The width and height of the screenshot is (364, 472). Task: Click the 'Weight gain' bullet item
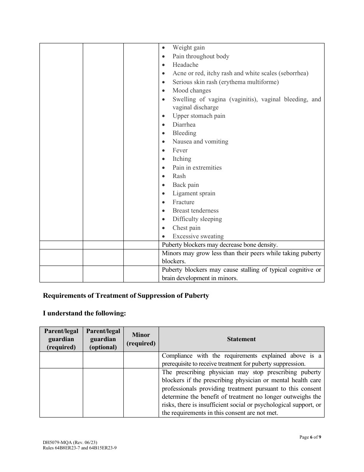click(189, 48)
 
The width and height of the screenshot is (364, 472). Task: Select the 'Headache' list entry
click(185, 65)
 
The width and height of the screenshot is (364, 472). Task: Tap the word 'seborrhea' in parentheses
click(293, 73)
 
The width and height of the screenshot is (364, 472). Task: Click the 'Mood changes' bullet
click(192, 91)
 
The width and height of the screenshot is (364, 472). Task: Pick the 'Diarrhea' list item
click(184, 125)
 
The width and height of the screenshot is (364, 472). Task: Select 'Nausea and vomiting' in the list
click(200, 142)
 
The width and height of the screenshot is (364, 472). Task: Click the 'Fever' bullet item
click(180, 150)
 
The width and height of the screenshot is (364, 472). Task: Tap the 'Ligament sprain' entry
click(194, 193)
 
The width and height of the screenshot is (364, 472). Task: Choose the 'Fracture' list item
click(183, 202)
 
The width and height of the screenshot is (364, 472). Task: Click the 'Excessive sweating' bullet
click(198, 236)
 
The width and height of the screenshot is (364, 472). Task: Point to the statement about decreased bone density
click(220, 245)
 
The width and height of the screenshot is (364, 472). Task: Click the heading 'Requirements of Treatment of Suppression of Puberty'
click(126, 296)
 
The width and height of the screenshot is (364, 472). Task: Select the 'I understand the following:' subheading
click(84, 313)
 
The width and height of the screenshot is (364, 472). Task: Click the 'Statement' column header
click(241, 339)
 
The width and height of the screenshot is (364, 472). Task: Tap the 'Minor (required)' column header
click(141, 339)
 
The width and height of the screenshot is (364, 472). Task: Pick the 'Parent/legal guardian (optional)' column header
click(103, 339)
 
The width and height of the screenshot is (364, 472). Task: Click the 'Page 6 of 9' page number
click(310, 437)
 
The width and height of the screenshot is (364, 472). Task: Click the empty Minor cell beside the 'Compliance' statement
click(141, 360)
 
